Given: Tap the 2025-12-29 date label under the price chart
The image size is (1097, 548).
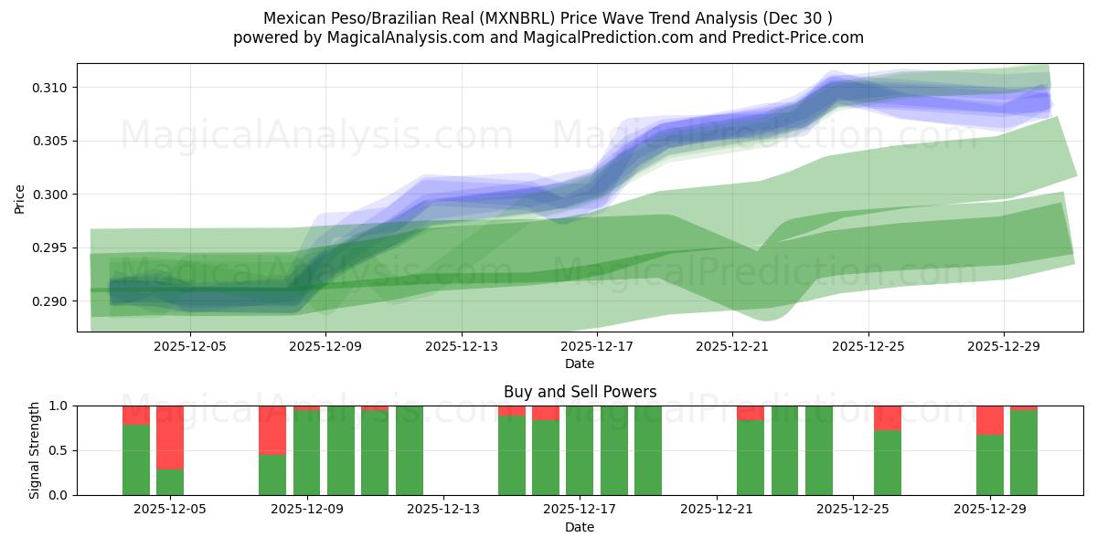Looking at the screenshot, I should click(x=1004, y=346).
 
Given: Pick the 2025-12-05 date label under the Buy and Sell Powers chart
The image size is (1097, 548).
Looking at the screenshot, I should click(x=170, y=510).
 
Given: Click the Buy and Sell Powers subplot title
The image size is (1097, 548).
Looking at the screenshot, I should click(x=580, y=392).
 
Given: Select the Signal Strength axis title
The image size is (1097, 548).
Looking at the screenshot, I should click(x=35, y=450).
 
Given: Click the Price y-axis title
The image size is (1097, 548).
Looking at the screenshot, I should click(x=20, y=198).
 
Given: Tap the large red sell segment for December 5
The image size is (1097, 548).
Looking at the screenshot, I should click(x=170, y=437).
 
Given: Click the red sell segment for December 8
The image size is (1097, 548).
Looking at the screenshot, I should click(x=272, y=429).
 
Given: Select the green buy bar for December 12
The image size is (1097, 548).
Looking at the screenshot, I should click(x=410, y=450).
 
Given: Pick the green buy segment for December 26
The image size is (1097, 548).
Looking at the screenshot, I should click(x=887, y=462).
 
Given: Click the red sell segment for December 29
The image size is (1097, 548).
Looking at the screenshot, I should click(x=989, y=419).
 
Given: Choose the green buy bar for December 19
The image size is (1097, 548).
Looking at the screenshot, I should click(x=648, y=450).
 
